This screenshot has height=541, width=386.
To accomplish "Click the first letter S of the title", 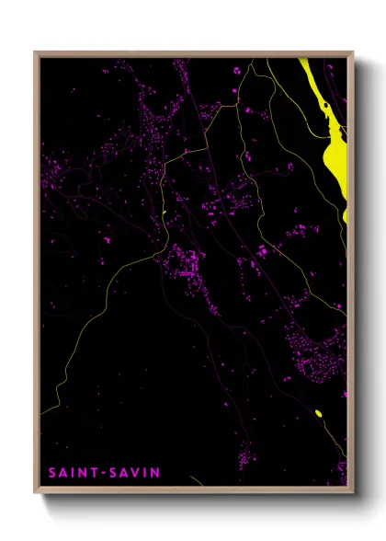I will coord(52,473).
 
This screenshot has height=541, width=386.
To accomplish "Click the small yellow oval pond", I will coord(318,413).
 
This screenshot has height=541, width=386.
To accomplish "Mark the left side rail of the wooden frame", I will coord(37,276).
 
